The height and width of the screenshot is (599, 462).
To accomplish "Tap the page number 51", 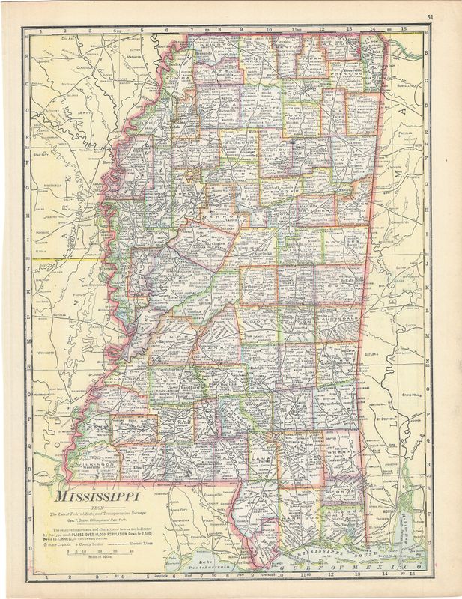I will coord(430,16).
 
